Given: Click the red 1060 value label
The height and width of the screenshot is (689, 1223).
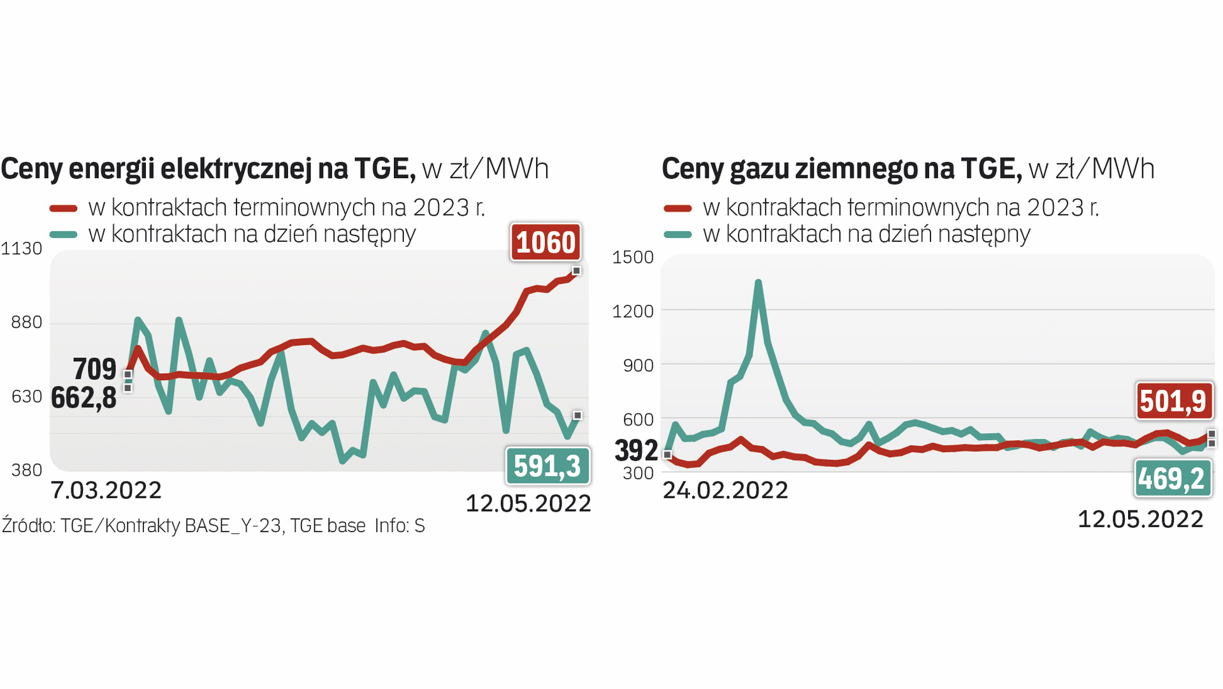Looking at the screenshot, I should (x=546, y=242).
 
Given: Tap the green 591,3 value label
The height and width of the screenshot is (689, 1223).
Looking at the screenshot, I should (x=547, y=466).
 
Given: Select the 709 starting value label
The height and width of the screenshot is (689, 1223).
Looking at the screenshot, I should (x=94, y=369).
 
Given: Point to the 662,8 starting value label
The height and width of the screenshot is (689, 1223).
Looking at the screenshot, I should (x=83, y=398).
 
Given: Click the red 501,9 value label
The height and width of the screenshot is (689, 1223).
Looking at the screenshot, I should (x=1173, y=401).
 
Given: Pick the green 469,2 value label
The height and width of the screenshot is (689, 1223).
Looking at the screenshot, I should (x=1171, y=478).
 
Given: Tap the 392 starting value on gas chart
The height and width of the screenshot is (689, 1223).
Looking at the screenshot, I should (x=635, y=450).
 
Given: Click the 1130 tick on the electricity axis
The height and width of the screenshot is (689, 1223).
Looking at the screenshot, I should (x=22, y=248).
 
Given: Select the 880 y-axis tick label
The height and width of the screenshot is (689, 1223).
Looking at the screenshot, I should (x=27, y=322).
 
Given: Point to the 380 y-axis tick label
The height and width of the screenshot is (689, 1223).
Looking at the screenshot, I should (x=27, y=470).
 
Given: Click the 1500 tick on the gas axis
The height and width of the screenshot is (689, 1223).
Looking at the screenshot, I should (x=632, y=257).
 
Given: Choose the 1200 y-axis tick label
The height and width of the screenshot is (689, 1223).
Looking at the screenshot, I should (x=632, y=311).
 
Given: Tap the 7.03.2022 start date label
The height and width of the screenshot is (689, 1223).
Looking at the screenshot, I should (x=106, y=490).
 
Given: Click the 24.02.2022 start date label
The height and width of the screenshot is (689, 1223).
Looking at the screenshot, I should (x=725, y=490).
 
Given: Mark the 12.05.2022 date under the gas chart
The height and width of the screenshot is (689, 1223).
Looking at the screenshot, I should (x=1140, y=519).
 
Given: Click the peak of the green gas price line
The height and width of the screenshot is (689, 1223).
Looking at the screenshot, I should (x=758, y=282).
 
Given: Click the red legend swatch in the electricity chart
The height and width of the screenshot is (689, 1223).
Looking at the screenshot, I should (x=64, y=208).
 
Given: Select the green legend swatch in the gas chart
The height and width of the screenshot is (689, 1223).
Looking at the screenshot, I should (x=677, y=234).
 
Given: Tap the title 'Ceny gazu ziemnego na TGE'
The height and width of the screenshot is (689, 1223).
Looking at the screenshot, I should (x=841, y=169).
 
